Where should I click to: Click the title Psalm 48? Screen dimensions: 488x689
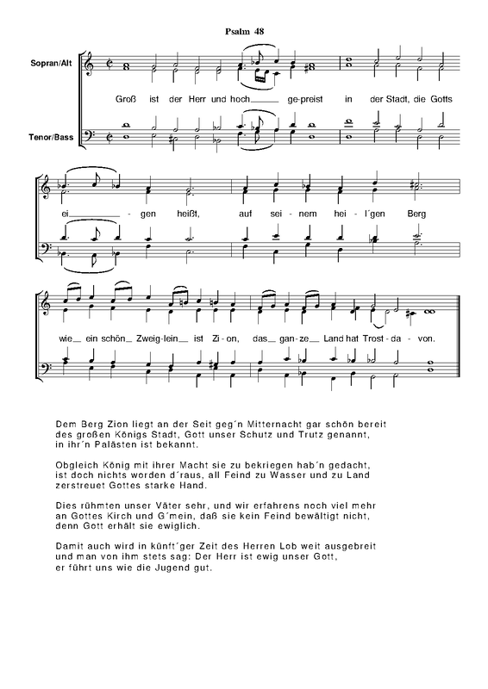click(243, 32)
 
